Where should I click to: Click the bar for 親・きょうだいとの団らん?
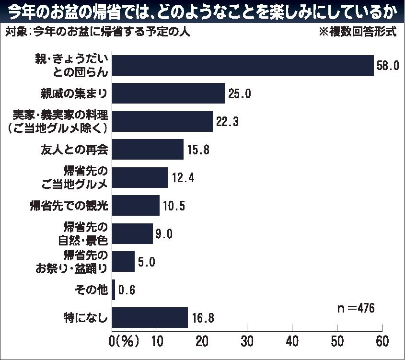coord(243,66)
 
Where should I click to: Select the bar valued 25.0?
coord(168,93)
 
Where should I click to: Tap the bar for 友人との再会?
coord(148,150)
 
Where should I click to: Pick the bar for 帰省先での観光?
coord(136,206)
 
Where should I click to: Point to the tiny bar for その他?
coord(114,290)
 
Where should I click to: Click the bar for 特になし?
coord(150,317)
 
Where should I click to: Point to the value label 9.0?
coord(163,234)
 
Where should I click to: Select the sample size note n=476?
coord(355,307)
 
